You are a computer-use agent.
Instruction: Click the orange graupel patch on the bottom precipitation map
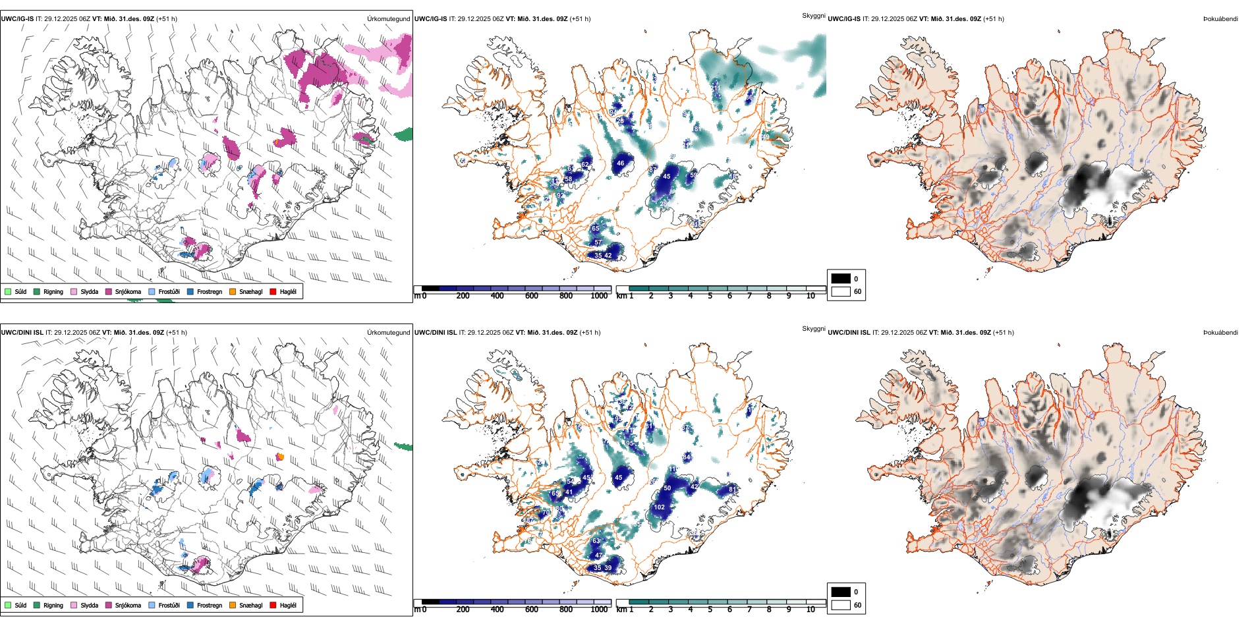pos(280,456)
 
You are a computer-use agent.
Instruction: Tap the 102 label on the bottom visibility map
pos(660,507)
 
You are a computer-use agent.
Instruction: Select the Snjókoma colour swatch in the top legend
pos(109,291)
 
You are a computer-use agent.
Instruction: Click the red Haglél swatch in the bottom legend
pos(273,605)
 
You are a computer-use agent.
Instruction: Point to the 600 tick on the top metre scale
pos(531,296)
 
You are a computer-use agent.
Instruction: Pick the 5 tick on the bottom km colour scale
pos(710,610)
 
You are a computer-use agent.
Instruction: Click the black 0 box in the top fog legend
pos(841,278)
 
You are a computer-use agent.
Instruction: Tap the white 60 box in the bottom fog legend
pos(841,605)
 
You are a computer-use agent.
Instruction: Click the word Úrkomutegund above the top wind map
pos(388,18)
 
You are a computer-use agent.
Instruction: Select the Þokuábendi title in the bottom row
pos(1220,332)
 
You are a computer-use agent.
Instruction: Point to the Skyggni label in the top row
pos(813,15)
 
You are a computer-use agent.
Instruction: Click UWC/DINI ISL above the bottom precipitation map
pos(22,332)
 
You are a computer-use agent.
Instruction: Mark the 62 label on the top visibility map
pos(585,165)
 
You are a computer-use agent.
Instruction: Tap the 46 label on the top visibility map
pos(620,163)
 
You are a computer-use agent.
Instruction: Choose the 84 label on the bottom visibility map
pos(687,457)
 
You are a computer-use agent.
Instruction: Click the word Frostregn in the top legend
pos(210,291)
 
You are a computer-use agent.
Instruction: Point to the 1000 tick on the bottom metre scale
pos(599,610)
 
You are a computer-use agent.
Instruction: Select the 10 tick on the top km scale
pos(811,296)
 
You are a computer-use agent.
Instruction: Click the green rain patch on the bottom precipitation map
pos(403,447)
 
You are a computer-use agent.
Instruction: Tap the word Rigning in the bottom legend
pos(53,605)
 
